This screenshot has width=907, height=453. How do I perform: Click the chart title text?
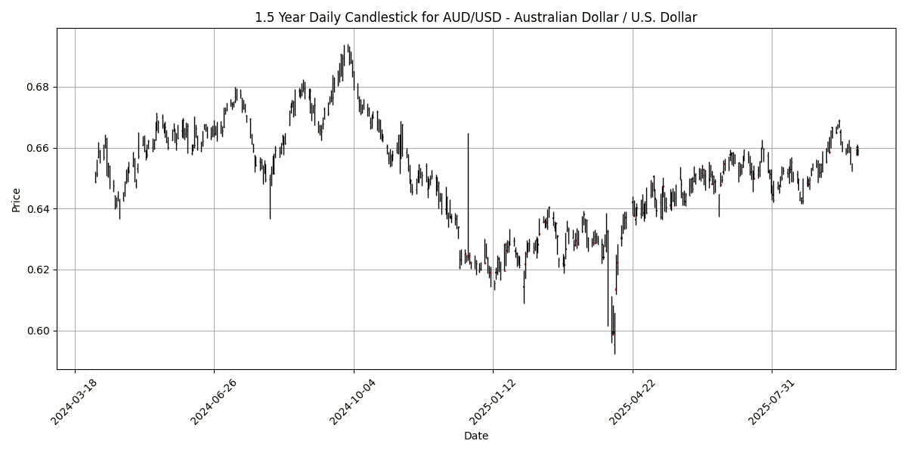click(475, 17)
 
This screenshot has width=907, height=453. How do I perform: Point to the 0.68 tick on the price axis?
click(41, 87)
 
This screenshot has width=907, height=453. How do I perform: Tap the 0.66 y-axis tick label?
click(41, 148)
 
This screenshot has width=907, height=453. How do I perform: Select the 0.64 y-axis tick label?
click(41, 209)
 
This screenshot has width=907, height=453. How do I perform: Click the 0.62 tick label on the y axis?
click(41, 270)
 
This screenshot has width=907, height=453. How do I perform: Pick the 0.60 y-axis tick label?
click(41, 331)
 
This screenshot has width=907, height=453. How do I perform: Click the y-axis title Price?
click(16, 199)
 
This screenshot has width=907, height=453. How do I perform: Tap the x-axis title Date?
click(475, 436)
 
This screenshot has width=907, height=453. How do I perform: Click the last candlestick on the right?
click(857, 150)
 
